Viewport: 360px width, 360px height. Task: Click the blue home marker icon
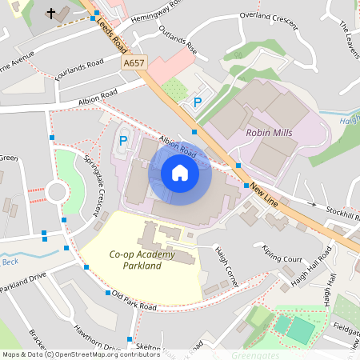pos(180,173)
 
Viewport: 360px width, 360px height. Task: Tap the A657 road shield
pos(134,61)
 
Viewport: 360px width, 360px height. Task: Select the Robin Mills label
pos(270,133)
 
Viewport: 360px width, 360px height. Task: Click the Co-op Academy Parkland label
pos(141,260)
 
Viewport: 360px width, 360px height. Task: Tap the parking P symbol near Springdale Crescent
pos(123,141)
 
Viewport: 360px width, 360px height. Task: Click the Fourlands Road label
pos(81,65)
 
